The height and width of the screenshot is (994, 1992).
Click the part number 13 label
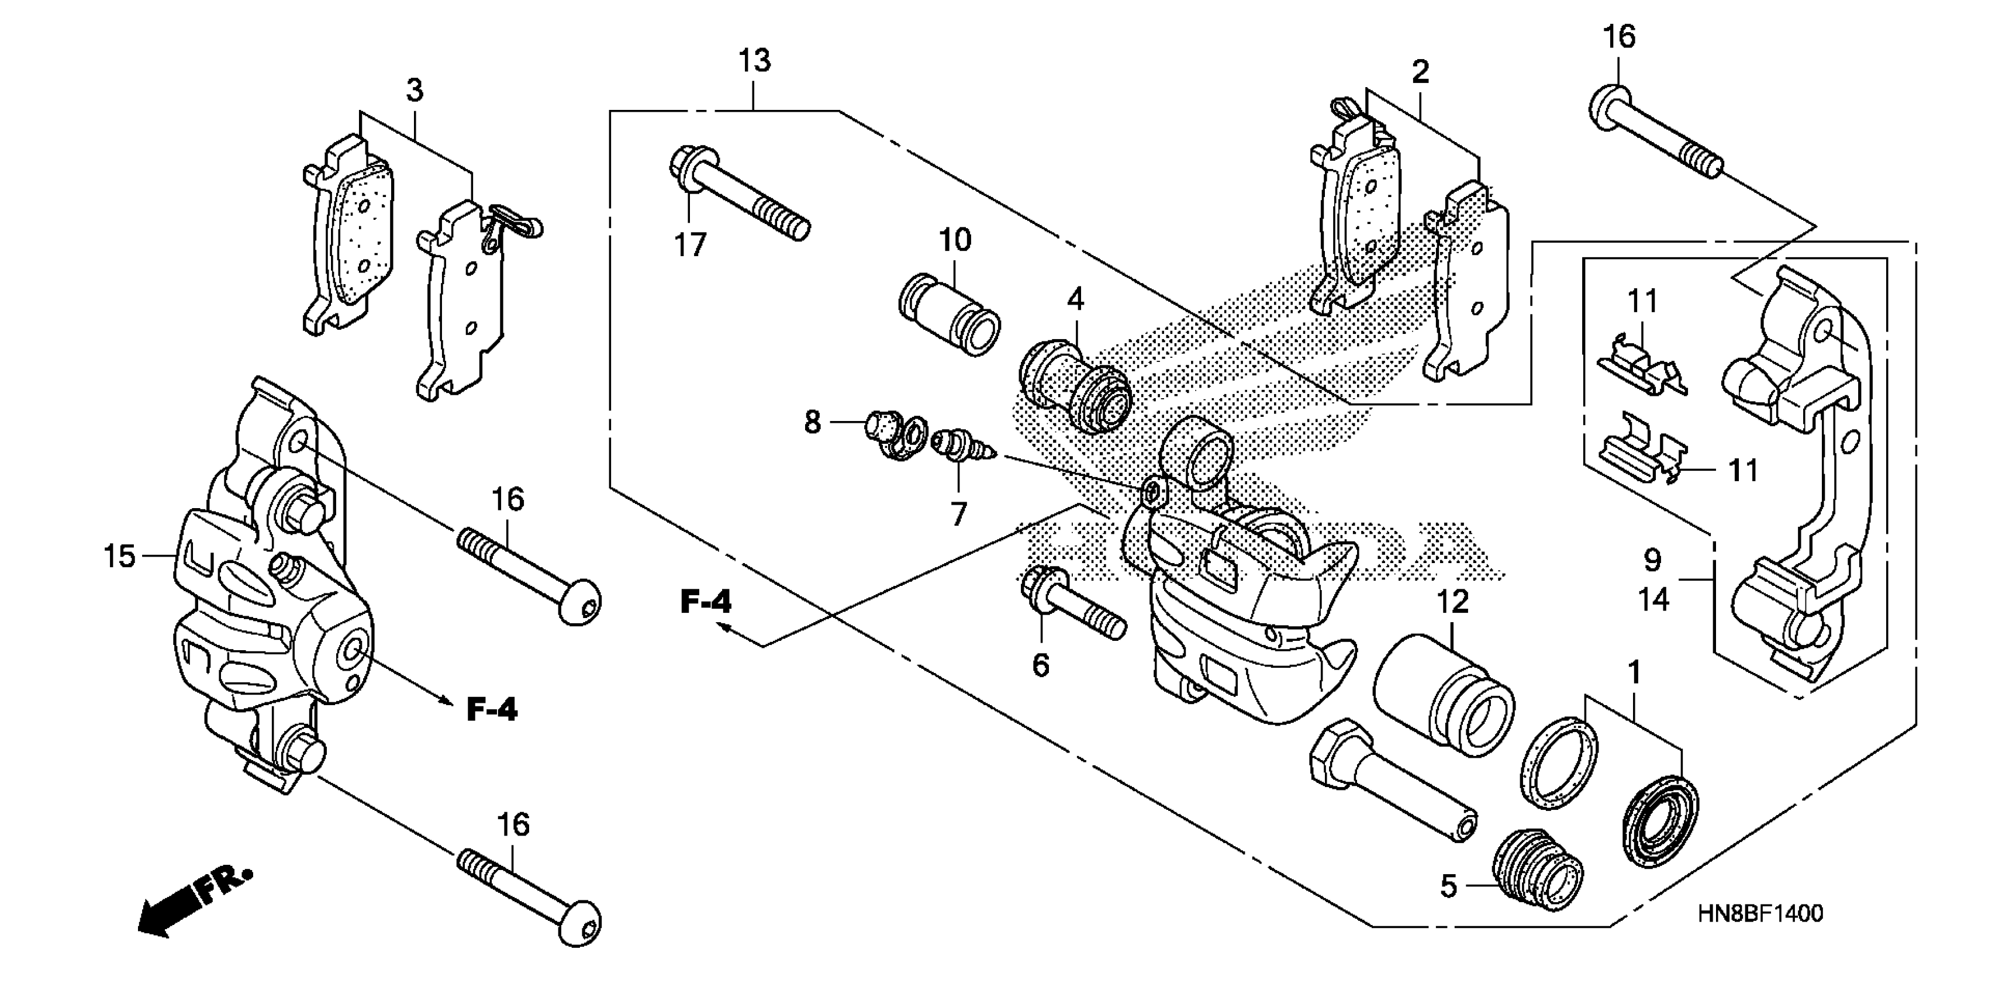point(754,60)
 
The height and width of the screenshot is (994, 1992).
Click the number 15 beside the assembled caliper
point(120,555)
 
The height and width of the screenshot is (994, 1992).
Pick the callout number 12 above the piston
point(1452,602)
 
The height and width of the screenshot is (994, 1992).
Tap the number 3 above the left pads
point(415,91)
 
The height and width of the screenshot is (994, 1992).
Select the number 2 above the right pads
point(1420,72)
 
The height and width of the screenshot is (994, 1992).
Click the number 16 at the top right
point(1620,36)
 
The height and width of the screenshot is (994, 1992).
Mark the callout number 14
point(1654,599)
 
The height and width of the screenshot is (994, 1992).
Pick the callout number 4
point(1076,299)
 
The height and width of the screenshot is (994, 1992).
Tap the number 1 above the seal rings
point(1634,672)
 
